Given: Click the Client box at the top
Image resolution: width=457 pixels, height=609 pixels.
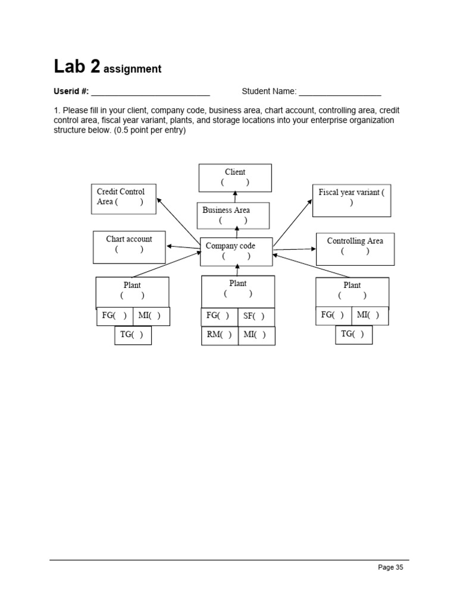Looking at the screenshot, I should (x=235, y=178).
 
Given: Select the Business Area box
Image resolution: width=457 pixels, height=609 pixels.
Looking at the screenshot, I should (x=233, y=215).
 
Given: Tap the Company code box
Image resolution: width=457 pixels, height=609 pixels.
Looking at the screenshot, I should (x=236, y=251).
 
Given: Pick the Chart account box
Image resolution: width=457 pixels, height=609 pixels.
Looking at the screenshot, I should (x=129, y=247).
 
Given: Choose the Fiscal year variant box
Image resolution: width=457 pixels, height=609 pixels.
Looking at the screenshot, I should (x=351, y=200).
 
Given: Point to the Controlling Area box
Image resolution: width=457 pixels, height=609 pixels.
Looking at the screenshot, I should (x=355, y=249).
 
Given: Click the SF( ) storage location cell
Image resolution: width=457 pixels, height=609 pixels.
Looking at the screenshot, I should (x=256, y=317).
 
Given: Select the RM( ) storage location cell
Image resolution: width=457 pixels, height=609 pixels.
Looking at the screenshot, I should (x=220, y=335).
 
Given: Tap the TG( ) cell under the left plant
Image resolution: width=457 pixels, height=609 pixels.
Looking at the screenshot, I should (x=133, y=335).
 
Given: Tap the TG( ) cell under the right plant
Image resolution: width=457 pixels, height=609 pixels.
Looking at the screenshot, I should (x=353, y=334).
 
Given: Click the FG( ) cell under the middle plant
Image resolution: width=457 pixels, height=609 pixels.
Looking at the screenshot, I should (x=220, y=317).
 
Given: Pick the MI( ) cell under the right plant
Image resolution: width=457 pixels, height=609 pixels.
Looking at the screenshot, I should (x=370, y=316).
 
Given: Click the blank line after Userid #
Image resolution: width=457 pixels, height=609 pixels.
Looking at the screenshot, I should (x=151, y=92).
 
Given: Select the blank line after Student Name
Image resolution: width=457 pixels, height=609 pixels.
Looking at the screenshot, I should (x=340, y=92).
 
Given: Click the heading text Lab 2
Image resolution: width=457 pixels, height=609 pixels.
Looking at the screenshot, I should (x=77, y=67).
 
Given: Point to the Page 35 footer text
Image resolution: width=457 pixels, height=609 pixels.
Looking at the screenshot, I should (x=390, y=567).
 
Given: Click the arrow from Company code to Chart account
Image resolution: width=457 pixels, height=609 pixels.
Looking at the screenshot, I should (x=183, y=247).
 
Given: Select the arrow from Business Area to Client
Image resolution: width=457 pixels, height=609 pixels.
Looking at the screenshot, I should (x=235, y=197).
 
